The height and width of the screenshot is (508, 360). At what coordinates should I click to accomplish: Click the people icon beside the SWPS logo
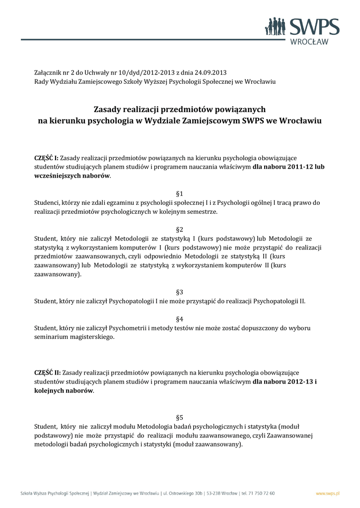[x=275, y=26]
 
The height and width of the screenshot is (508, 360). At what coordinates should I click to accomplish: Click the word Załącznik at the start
[x=49, y=72]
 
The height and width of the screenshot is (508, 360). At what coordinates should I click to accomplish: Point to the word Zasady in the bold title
[x=109, y=109]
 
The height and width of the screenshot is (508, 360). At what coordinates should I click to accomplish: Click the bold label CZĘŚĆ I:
[x=46, y=158]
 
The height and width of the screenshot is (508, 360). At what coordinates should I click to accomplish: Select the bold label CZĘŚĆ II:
[x=47, y=372]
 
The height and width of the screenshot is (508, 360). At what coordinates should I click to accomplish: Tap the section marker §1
[x=180, y=193]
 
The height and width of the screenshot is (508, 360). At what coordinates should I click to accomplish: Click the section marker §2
[x=180, y=230]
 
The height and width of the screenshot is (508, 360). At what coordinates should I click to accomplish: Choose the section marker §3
[x=180, y=292]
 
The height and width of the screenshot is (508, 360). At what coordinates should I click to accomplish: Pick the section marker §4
[x=180, y=318]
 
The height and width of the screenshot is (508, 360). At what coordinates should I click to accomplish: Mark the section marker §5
[x=180, y=417]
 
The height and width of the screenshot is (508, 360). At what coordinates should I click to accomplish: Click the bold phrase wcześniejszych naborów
[x=72, y=176]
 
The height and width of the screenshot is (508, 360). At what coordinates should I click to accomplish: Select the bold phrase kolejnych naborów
[x=63, y=390]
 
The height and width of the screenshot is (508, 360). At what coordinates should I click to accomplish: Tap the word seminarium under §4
[x=53, y=337]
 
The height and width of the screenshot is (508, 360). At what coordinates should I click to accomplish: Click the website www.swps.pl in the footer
[x=328, y=494]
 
